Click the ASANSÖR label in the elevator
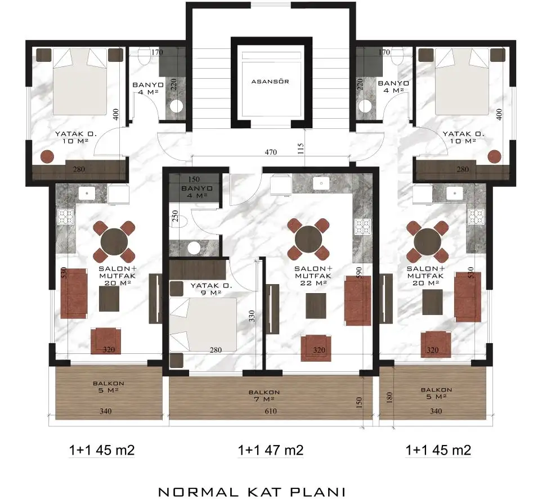(270, 82)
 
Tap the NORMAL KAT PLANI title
(252, 492)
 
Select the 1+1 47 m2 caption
(271, 450)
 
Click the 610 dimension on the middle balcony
(271, 411)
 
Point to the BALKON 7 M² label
(264, 395)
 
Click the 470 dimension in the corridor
(271, 152)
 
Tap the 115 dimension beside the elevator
(301, 149)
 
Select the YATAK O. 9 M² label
(211, 289)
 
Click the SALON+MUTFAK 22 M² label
(313, 276)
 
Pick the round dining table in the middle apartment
(308, 239)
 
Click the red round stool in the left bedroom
(47, 156)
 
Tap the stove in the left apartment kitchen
(66, 217)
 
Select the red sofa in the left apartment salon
(74, 294)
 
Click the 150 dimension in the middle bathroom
(194, 179)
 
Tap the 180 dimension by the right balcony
(389, 397)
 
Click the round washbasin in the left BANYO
(176, 106)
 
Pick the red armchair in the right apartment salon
(436, 344)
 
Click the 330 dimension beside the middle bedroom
(252, 316)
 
